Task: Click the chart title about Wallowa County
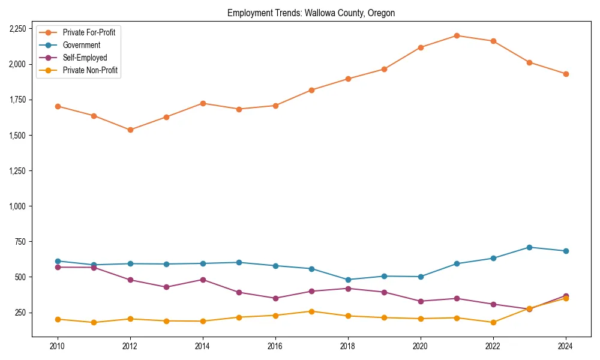click(x=311, y=13)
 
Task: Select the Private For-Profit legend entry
click(x=89, y=32)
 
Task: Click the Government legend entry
click(x=81, y=45)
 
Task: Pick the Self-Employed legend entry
click(x=85, y=58)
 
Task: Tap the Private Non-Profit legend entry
click(x=90, y=71)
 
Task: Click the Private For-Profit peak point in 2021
click(x=457, y=35)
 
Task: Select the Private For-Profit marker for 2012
click(x=130, y=130)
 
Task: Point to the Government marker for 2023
click(x=529, y=247)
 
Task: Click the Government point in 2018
click(x=348, y=280)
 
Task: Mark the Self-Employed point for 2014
click(x=203, y=280)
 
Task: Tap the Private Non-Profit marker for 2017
click(x=311, y=311)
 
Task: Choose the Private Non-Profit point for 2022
click(x=493, y=322)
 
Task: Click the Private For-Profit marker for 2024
click(x=565, y=74)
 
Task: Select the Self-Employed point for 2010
click(x=58, y=267)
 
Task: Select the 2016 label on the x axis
click(x=275, y=346)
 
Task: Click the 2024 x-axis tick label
click(x=565, y=346)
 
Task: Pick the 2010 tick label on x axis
click(x=58, y=346)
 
